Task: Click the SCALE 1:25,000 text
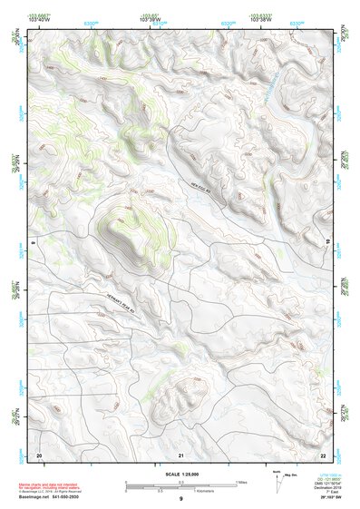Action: [180, 475]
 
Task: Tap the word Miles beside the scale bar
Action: [241, 482]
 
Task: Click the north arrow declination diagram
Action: [277, 478]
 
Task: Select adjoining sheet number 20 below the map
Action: [38, 455]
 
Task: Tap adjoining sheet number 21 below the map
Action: [181, 455]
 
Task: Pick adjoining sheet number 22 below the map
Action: [323, 455]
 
